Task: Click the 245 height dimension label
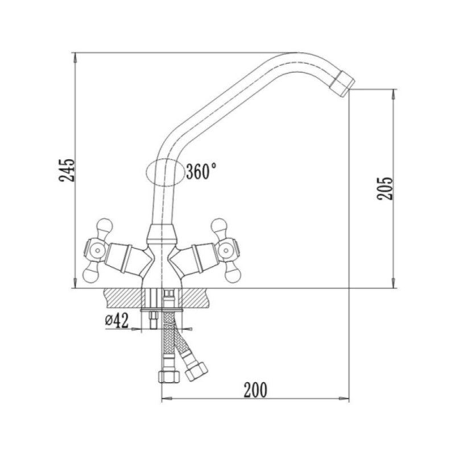pyautogui.click(x=67, y=170)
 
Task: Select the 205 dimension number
pyautogui.click(x=384, y=188)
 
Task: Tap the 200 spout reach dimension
pyautogui.click(x=255, y=390)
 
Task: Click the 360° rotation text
pyautogui.click(x=201, y=171)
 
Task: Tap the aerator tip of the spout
pyautogui.click(x=343, y=83)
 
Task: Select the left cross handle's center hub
pyautogui.click(x=97, y=250)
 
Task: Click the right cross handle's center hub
pyautogui.click(x=225, y=250)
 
